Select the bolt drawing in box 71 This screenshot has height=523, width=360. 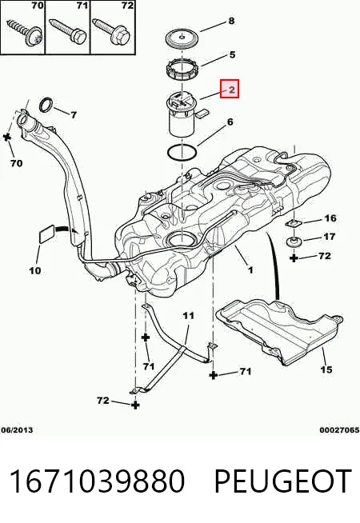pyautogui.click(x=68, y=30)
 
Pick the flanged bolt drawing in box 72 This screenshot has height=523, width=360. pyautogui.click(x=112, y=30)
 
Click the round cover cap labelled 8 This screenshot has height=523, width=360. pyautogui.click(x=182, y=38)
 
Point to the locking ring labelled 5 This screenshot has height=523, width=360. pyautogui.click(x=183, y=69)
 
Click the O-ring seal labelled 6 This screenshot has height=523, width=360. pyautogui.click(x=182, y=153)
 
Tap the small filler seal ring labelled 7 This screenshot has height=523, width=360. pyautogui.click(x=46, y=105)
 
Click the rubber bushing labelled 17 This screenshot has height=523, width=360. pyautogui.click(x=294, y=241)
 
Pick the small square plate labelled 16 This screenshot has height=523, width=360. pyautogui.click(x=294, y=223)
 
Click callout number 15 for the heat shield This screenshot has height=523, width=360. pyautogui.click(x=326, y=369)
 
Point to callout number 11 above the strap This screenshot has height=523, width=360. pyautogui.click(x=188, y=315)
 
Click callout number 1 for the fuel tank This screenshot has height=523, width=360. pyautogui.click(x=250, y=269)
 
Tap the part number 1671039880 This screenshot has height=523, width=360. pyautogui.click(x=97, y=481)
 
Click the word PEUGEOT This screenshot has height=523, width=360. pyautogui.click(x=283, y=481)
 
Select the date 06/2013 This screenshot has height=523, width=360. pyautogui.click(x=17, y=430)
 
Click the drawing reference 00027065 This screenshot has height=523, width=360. pyautogui.click(x=339, y=430)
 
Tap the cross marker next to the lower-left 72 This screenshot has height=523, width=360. pyautogui.click(x=134, y=405)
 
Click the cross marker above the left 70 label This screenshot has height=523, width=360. pyautogui.click(x=7, y=137)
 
